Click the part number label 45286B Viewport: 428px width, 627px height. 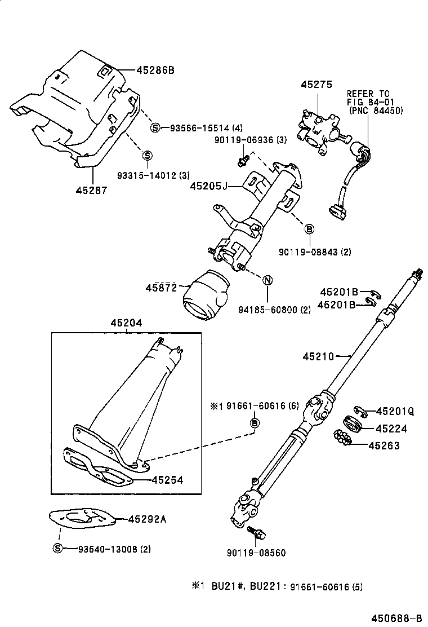pyautogui.click(x=155, y=70)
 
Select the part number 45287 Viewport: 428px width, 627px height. pyautogui.click(x=91, y=190)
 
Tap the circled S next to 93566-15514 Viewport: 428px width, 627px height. pyautogui.click(x=155, y=128)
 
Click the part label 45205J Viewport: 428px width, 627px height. pyautogui.click(x=208, y=186)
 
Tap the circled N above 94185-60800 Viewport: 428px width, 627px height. pyautogui.click(x=267, y=280)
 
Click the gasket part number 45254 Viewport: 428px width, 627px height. pyautogui.click(x=167, y=480)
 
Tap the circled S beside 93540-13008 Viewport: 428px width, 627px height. pyautogui.click(x=57, y=549)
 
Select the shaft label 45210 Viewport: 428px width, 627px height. pyautogui.click(x=318, y=356)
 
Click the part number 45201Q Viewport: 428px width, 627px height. pyautogui.click(x=395, y=412)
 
